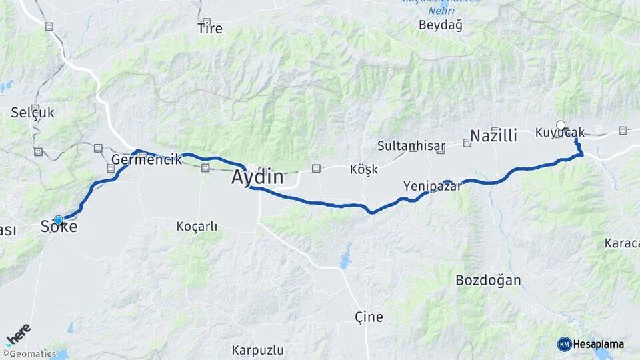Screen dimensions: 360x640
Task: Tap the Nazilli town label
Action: tap(493, 136)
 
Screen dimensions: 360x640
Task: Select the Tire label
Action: tap(210, 29)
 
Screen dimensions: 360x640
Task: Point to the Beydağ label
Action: tap(441, 25)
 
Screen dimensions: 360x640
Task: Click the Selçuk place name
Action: tap(32, 113)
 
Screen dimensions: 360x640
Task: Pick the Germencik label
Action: tap(147, 160)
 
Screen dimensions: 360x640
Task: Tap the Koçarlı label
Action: tap(197, 227)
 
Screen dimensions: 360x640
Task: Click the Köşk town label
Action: tap(364, 169)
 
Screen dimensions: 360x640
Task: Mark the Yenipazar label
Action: tap(432, 185)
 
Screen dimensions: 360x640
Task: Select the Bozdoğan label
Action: tap(488, 280)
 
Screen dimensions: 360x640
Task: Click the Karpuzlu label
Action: tap(258, 350)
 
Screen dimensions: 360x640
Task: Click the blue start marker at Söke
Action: tap(59, 220)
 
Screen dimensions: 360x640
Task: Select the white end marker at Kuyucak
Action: tap(561, 125)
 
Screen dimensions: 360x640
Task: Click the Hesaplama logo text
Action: tap(598, 344)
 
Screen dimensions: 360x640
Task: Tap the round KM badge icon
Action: tap(564, 344)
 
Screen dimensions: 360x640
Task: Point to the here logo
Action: tap(18, 332)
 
